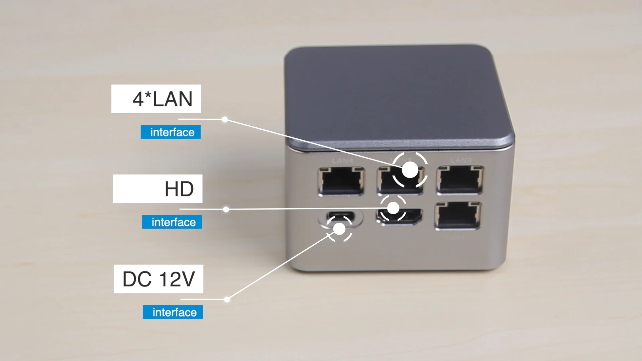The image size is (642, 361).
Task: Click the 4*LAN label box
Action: pos(156,99)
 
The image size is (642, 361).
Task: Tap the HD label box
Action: pos(157,189)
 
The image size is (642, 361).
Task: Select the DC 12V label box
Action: pos(158,279)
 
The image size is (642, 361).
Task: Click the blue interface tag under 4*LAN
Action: pos(171,132)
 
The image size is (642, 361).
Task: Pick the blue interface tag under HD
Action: pos(172,222)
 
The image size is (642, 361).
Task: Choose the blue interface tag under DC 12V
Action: pos(173,312)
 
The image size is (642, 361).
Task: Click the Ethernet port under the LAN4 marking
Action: pos(341,181)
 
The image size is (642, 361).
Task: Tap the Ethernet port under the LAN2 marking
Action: pos(460,180)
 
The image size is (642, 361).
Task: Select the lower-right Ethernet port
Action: pos(458,216)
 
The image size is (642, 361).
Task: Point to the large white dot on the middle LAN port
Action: pos(410,170)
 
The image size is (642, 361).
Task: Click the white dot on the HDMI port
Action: pos(393,208)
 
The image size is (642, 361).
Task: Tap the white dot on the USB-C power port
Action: pos(339,229)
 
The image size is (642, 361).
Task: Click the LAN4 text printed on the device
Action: pos(342,161)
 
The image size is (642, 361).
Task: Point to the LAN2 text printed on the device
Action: pos(461,160)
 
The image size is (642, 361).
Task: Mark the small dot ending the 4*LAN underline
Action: pos(225,119)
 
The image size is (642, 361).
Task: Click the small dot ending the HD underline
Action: pos(226,210)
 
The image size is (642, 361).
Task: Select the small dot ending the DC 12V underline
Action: pos(227,299)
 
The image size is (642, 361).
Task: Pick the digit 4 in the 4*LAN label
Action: pos(138,99)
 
